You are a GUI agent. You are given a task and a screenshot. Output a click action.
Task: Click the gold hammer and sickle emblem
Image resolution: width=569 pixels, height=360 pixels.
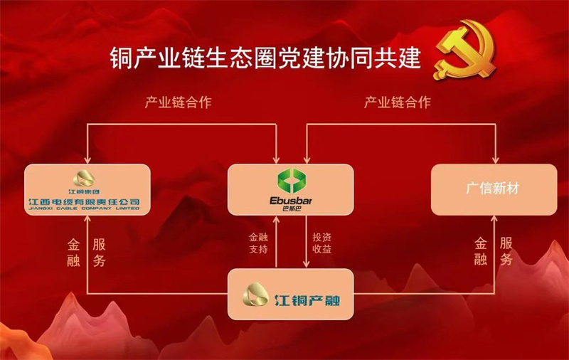[x=465, y=49]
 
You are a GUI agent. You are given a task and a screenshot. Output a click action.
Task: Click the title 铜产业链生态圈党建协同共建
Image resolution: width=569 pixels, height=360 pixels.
[x=265, y=58]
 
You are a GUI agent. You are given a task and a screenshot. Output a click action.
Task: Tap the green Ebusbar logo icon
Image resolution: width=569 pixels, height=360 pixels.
[x=292, y=181]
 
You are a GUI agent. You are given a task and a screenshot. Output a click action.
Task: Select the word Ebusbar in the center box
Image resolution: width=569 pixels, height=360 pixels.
[x=291, y=201]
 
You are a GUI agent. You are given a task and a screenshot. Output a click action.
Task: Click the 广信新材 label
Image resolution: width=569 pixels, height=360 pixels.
[x=493, y=189]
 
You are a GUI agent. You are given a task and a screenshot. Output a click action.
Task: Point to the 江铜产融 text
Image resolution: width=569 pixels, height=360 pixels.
[x=307, y=300]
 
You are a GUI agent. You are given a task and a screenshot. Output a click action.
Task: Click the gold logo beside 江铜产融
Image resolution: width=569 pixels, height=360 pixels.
[x=255, y=295]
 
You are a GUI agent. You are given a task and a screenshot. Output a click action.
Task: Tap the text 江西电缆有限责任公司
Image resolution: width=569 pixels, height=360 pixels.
[x=84, y=202]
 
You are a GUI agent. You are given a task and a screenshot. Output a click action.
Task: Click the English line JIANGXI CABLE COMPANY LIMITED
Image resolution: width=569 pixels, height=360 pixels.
[x=84, y=208]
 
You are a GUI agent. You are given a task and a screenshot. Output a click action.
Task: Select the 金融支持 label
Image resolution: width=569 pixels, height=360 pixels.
[x=258, y=243]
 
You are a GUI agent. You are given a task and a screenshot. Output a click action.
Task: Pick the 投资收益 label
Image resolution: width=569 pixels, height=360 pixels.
[x=322, y=243]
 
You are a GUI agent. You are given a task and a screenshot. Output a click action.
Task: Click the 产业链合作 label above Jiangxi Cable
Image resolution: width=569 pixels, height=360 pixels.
[x=179, y=102]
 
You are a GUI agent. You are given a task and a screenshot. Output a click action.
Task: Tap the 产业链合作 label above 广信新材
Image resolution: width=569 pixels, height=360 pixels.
[x=398, y=102]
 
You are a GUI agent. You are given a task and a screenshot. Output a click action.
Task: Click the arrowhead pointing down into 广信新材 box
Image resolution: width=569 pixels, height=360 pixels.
[x=495, y=160]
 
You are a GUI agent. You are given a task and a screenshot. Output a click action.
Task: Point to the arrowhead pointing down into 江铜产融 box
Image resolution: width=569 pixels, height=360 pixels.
[x=307, y=264]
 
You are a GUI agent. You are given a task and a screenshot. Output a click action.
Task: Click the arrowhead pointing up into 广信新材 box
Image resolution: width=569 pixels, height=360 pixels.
[x=494, y=219]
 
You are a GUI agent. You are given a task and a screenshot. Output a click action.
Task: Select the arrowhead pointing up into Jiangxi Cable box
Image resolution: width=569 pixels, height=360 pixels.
[x=87, y=219]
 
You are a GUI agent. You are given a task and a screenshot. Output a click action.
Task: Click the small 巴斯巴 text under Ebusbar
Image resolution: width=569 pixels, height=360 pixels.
[x=292, y=208]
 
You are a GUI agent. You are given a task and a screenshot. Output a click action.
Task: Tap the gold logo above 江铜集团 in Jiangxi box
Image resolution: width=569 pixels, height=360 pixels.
[x=84, y=179]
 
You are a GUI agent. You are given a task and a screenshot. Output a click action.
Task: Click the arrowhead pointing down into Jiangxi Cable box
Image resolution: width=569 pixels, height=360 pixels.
[x=87, y=160]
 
